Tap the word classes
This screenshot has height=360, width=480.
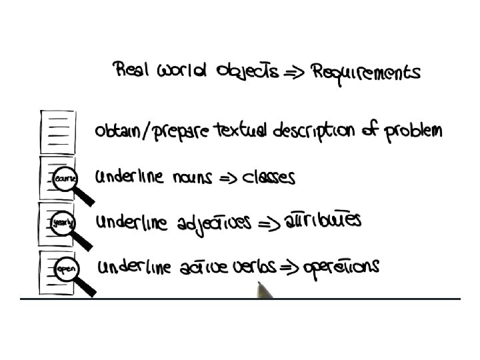coord(269,177)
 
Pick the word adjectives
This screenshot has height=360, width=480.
coord(214,223)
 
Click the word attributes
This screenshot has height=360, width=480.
coord(323,220)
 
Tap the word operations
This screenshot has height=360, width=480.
coord(341,267)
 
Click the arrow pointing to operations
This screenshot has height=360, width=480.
coord(289,268)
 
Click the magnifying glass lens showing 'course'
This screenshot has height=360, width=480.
coord(66,178)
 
